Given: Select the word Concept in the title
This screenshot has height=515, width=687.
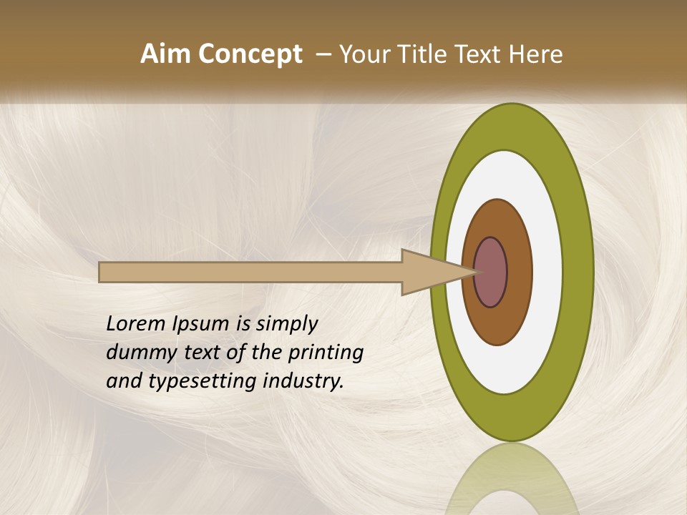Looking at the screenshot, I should coord(249,54).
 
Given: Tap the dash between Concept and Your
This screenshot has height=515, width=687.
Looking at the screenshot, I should coord(323,54).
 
